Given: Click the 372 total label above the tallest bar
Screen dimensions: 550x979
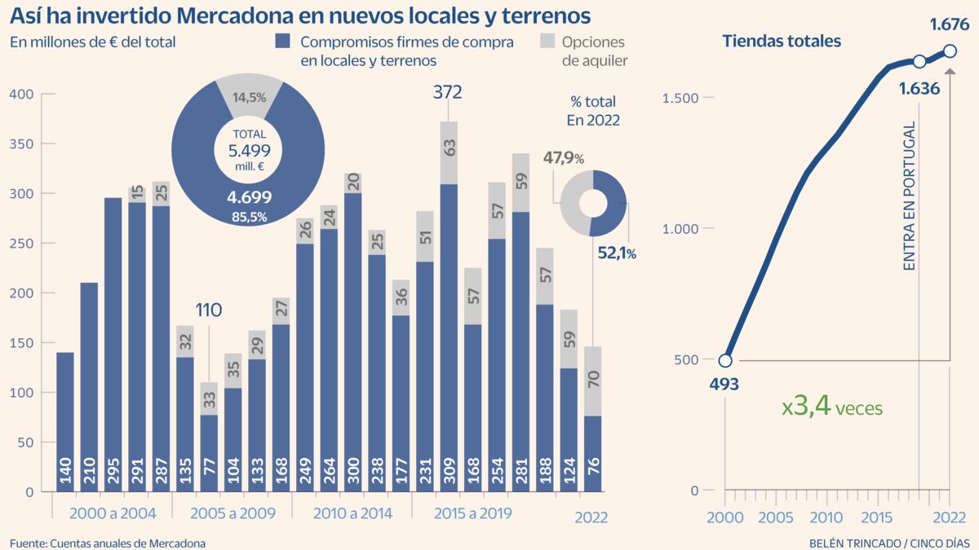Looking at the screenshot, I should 448,92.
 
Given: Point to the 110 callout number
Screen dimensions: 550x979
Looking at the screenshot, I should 209,310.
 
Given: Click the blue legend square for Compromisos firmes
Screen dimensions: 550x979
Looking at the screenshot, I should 284,42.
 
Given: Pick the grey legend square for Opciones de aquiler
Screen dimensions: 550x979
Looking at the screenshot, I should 549,42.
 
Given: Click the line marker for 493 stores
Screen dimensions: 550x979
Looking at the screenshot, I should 724,361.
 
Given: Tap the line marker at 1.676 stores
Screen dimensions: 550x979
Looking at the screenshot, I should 950,51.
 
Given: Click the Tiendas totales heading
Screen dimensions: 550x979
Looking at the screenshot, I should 782,41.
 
